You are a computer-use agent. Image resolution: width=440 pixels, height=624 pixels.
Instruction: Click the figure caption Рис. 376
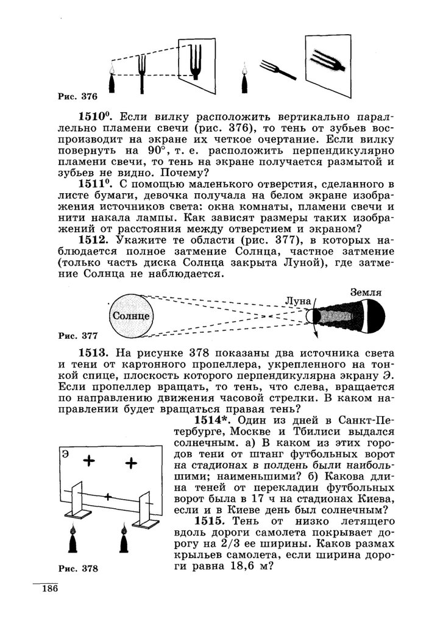coord(77,96)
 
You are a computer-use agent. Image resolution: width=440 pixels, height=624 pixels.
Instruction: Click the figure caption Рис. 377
coord(77,335)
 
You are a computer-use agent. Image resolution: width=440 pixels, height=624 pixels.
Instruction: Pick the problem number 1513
coord(93,353)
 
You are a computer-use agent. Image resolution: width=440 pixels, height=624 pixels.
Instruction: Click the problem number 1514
coord(213,420)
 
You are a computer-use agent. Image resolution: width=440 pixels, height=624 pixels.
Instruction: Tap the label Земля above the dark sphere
coord(366,292)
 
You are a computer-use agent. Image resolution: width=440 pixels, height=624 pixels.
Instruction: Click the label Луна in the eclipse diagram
coord(298,301)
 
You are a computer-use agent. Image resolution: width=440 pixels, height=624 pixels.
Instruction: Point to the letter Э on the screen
coord(64,454)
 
